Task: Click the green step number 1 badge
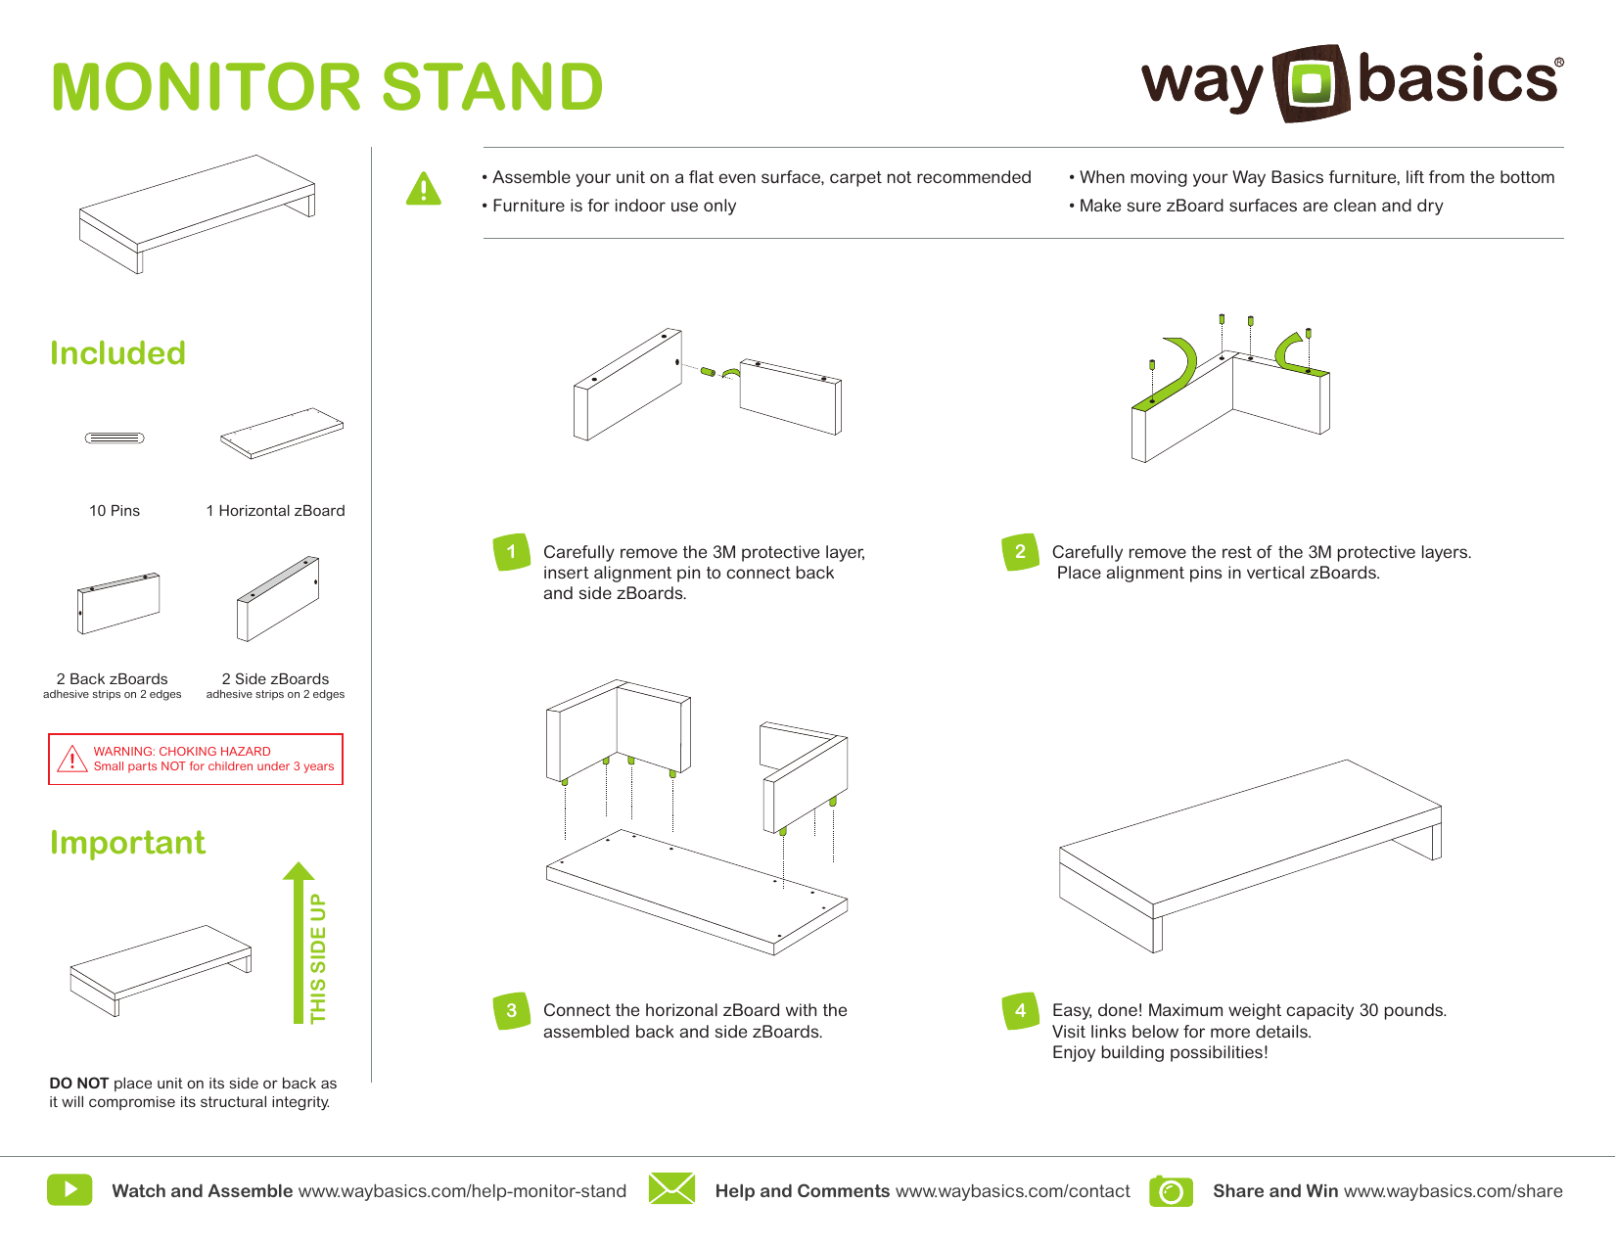(511, 552)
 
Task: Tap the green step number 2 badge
(1020, 552)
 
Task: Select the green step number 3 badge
(511, 1011)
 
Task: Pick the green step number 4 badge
(1020, 1011)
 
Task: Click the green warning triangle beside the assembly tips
(424, 189)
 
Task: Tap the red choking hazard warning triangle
(72, 760)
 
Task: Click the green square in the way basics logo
(1312, 82)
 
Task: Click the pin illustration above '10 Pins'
(115, 438)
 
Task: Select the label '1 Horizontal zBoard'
(275, 511)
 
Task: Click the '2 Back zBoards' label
(112, 679)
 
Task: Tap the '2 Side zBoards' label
(275, 679)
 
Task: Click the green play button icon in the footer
(69, 1190)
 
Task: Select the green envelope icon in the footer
(671, 1189)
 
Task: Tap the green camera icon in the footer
(1171, 1191)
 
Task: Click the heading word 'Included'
(117, 353)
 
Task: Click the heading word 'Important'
(127, 843)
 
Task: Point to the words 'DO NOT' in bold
(78, 1084)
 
